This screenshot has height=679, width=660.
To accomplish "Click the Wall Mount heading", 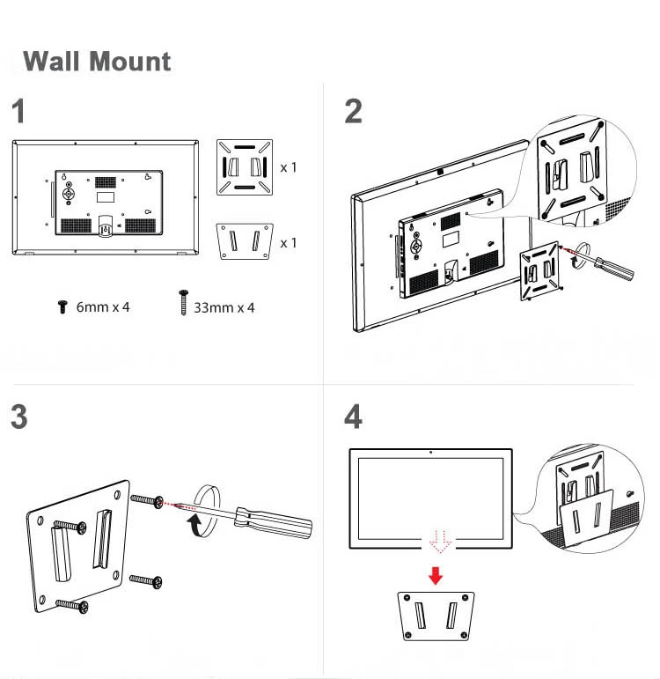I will click(x=97, y=62).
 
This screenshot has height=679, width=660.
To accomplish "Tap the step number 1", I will click(x=19, y=113).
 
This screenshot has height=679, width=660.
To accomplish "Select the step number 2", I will click(x=353, y=112).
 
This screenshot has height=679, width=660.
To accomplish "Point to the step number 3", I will click(x=19, y=417).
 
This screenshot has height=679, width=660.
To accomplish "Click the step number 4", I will click(x=353, y=417).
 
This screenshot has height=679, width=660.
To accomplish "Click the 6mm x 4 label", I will click(x=103, y=307).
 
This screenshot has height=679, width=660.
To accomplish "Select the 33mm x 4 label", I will click(x=224, y=307).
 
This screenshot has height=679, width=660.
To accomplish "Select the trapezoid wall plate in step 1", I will click(x=245, y=240).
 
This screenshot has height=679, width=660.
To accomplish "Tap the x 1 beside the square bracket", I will click(x=289, y=166).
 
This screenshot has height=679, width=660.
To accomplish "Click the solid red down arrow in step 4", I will click(x=435, y=575).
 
